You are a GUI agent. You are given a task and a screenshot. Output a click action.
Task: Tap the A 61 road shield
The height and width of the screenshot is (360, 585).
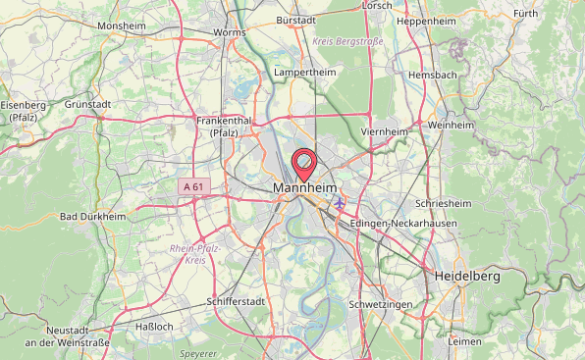click(193, 186)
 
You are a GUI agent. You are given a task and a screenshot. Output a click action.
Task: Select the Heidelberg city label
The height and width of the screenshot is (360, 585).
click(467, 277)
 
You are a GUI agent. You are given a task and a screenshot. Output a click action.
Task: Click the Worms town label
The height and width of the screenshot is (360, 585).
click(229, 32)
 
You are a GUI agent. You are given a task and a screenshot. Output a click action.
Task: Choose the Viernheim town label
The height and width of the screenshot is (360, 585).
click(384, 131)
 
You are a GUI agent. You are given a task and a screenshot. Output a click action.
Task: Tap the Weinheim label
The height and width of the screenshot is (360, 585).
click(451, 126)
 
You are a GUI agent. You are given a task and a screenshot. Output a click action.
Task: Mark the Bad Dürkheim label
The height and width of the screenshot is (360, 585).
click(92, 216)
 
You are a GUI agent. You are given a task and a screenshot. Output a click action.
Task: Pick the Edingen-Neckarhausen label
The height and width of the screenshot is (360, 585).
click(398, 223)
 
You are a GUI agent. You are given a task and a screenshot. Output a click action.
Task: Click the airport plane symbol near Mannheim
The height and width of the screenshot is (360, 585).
click(340, 203)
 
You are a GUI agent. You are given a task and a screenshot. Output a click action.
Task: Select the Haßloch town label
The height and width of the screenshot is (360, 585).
click(153, 326)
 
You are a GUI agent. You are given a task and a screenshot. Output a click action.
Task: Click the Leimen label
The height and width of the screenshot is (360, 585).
click(463, 341)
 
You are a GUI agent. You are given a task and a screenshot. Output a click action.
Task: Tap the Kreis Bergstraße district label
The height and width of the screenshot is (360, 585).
click(347, 42)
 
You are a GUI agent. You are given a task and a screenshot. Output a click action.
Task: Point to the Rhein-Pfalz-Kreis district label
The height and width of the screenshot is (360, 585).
click(194, 255)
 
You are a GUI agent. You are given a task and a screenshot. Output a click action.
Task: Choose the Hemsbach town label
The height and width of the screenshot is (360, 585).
click(433, 75)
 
